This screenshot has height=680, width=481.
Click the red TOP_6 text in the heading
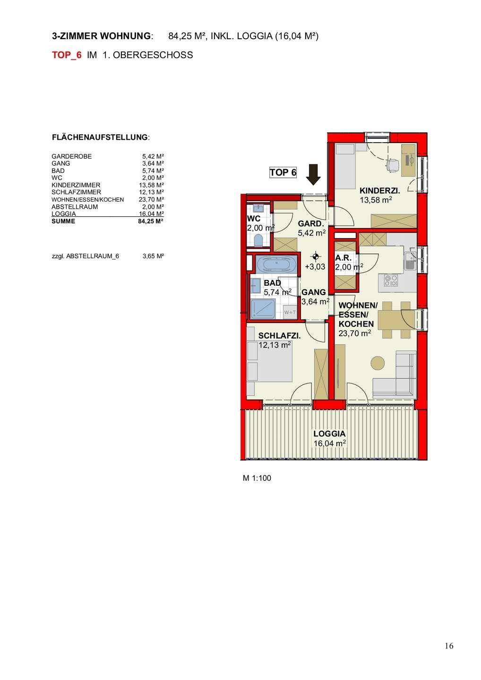[x=67, y=55]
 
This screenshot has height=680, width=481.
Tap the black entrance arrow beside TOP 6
[x=313, y=175]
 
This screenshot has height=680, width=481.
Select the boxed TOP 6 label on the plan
[x=283, y=172]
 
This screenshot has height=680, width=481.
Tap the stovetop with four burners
[x=391, y=280]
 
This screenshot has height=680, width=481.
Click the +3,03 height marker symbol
[x=316, y=257]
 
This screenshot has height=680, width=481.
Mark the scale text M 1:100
[x=257, y=478]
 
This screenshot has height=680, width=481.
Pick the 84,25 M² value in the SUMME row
[x=151, y=221]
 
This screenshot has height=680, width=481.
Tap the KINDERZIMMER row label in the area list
[x=76, y=185]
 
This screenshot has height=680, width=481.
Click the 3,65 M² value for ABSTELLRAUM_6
[x=154, y=256]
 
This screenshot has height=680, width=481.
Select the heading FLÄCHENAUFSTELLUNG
[x=100, y=137]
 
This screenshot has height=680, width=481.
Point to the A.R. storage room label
[x=343, y=258]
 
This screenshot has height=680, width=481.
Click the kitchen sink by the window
[x=410, y=260]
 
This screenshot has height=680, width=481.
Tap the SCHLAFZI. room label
[x=279, y=336]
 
